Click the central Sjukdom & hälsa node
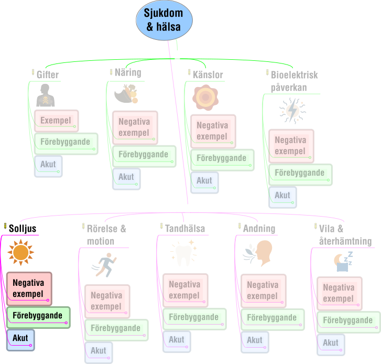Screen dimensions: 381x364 click(x=164, y=20)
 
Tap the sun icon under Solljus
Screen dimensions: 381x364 click(x=20, y=252)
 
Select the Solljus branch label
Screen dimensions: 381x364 click(x=23, y=229)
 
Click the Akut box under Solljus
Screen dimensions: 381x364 click(x=20, y=340)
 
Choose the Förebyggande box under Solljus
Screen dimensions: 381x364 click(x=38, y=317)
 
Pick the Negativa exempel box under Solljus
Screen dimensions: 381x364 click(x=29, y=288)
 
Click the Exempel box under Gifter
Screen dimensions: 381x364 click(x=57, y=121)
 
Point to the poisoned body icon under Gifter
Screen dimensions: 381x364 click(x=46, y=95)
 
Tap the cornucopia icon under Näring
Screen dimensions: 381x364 click(x=126, y=93)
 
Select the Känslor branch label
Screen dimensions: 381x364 click(x=208, y=74)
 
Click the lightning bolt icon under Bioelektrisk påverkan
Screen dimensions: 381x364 click(x=292, y=111)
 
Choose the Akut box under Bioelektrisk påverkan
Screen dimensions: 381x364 click(x=282, y=197)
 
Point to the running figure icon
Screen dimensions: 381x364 click(x=104, y=265)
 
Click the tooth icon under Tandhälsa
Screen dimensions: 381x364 click(x=184, y=253)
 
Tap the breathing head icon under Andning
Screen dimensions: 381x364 click(x=257, y=253)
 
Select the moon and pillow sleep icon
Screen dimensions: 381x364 click(x=343, y=262)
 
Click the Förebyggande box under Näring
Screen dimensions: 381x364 click(x=144, y=156)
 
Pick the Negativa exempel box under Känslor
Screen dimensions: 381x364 click(x=213, y=131)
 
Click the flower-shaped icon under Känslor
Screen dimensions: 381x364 click(x=205, y=97)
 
